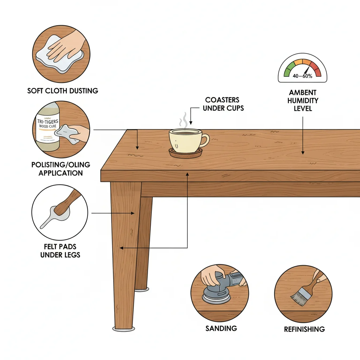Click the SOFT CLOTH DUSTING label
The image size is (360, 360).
pyautogui.click(x=63, y=91)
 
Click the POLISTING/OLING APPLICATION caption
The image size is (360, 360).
pyautogui.click(x=60, y=169)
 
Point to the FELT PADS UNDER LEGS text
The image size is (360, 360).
pyautogui.click(x=60, y=250)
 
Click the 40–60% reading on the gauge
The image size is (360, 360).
pyautogui.click(x=303, y=76)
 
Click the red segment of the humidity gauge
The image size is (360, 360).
pyautogui.click(x=317, y=70)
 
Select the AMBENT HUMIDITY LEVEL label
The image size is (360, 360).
pyautogui.click(x=303, y=101)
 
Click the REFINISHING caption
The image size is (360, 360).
pyautogui.click(x=304, y=329)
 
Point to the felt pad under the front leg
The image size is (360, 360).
pyautogui.click(x=124, y=329)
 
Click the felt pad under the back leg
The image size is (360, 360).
pyautogui.click(x=142, y=290)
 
